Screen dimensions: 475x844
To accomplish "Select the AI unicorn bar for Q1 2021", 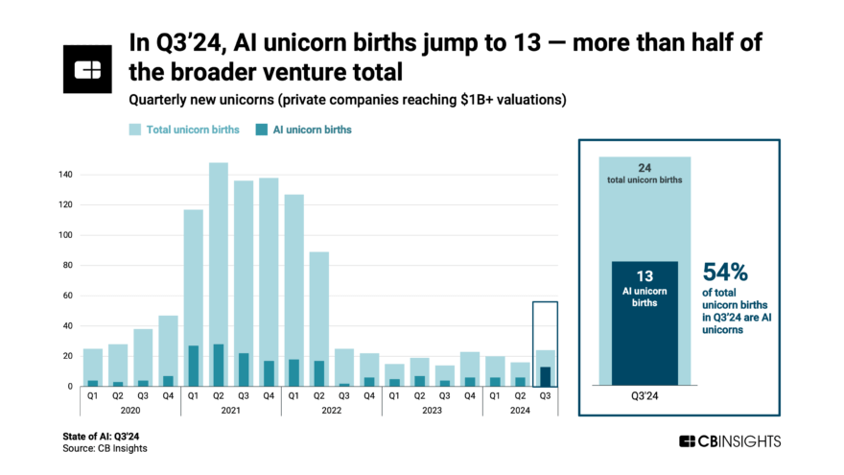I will coord(194,367).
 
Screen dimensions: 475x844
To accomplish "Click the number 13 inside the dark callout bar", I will coord(645,275).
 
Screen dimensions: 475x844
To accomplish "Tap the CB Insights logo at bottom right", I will coord(730,441).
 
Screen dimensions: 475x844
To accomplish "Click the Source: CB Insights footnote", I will coord(105,448).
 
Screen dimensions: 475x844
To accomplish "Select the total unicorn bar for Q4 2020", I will coord(168,345).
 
